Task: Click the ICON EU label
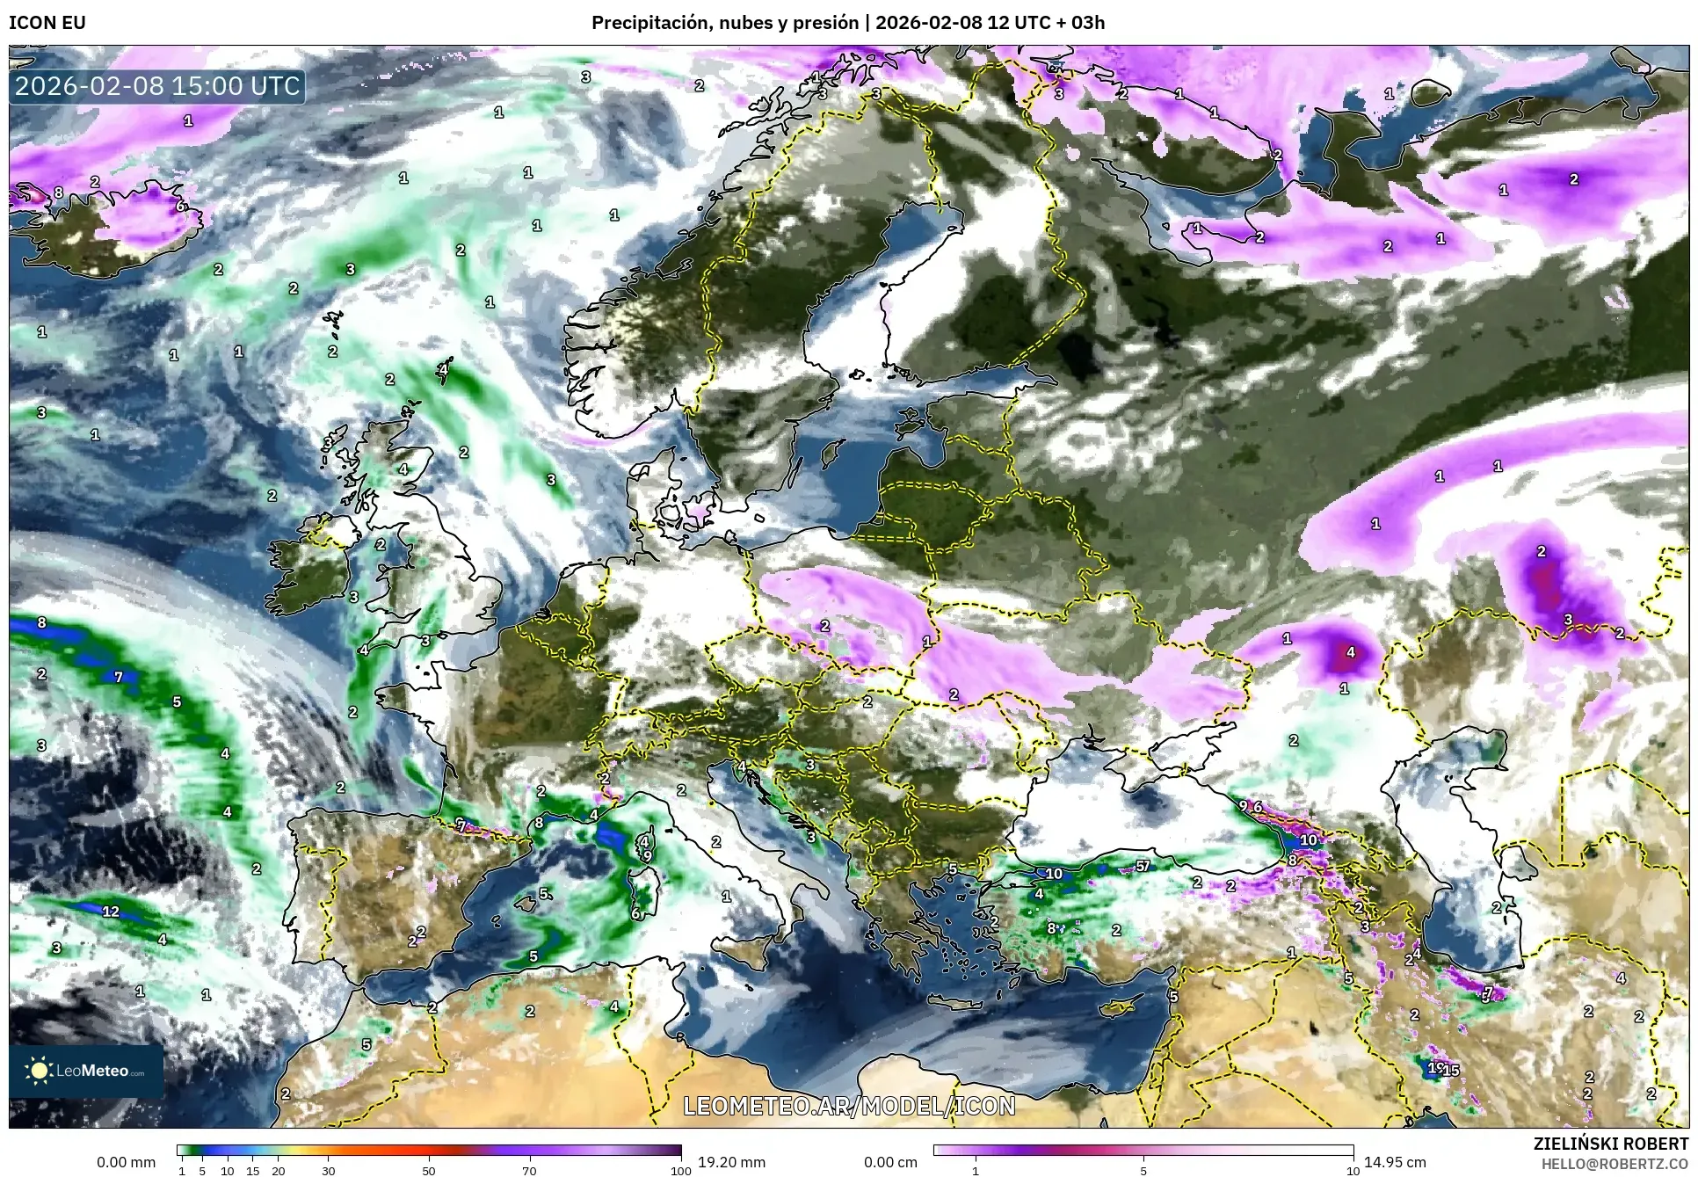click(x=47, y=23)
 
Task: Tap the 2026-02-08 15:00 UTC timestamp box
click(x=157, y=87)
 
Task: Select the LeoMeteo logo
click(x=86, y=1071)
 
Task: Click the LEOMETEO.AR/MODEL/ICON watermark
click(x=849, y=1106)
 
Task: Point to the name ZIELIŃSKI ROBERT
click(x=1610, y=1144)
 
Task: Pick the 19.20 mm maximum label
click(x=731, y=1162)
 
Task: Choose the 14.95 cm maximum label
click(x=1395, y=1162)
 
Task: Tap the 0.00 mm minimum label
click(x=126, y=1162)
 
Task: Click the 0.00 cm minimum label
click(x=890, y=1162)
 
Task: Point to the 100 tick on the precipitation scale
click(x=680, y=1171)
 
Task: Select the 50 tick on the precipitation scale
click(x=429, y=1171)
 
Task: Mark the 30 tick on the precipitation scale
click(x=328, y=1171)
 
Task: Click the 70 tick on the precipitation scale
click(x=529, y=1171)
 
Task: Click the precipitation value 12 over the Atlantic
click(x=111, y=912)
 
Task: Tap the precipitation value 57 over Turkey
click(x=1143, y=866)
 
